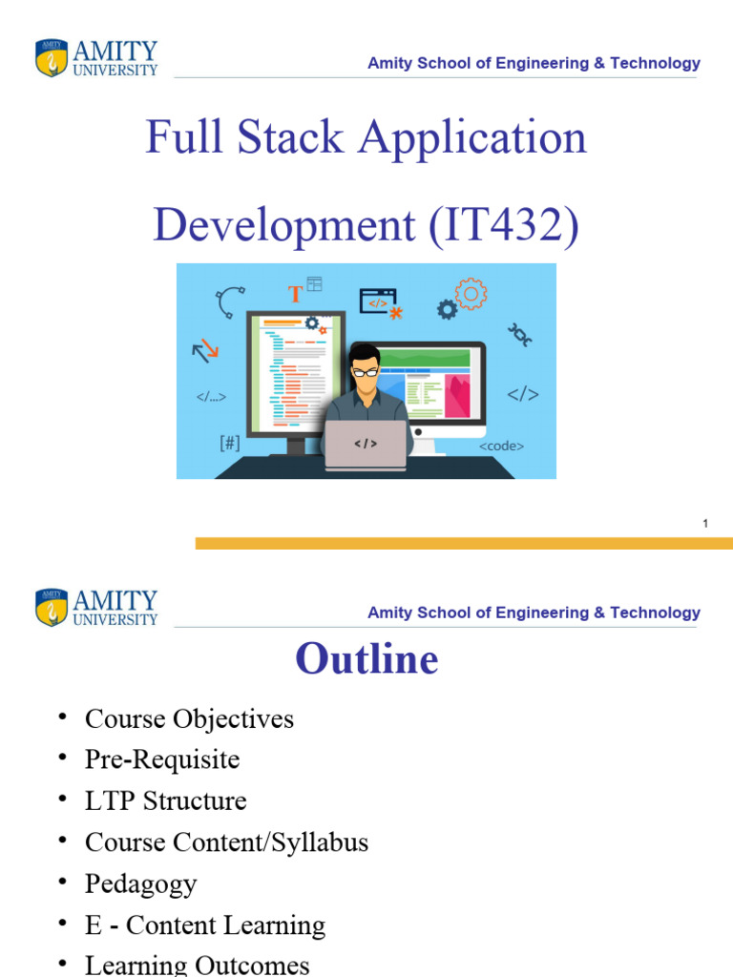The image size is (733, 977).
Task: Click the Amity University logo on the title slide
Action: click(95, 57)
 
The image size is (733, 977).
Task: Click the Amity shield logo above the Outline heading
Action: click(52, 607)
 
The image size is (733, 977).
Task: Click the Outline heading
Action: click(366, 658)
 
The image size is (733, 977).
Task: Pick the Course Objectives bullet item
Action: click(189, 718)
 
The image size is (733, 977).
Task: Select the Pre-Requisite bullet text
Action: click(162, 759)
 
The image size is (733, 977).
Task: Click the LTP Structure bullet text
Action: click(165, 800)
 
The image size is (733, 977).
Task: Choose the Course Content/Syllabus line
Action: click(226, 842)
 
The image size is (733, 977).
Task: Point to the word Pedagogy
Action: click(140, 883)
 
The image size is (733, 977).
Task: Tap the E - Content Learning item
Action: click(204, 925)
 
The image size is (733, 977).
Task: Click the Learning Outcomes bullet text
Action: click(197, 966)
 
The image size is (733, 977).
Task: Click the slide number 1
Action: click(704, 523)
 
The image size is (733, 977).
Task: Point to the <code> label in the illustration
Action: click(501, 446)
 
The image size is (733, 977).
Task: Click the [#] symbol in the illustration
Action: click(229, 443)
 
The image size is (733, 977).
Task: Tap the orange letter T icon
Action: click(296, 294)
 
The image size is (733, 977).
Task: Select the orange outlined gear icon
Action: click(471, 294)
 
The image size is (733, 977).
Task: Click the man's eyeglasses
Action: click(365, 372)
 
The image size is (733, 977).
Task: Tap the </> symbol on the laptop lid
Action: click(366, 444)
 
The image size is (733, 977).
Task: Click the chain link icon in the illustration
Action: click(519, 334)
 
